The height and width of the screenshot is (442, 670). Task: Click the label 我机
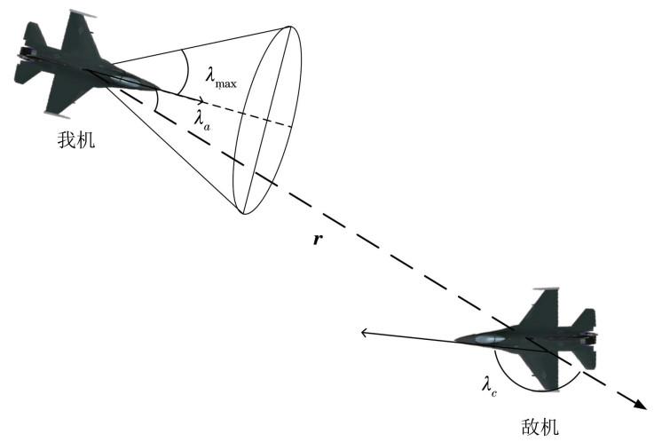[76, 139]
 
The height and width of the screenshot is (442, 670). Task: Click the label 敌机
[540, 427]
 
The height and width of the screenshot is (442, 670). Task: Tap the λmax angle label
[220, 80]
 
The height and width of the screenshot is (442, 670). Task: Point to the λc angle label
[489, 386]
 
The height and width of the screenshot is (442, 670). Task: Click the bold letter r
[317, 240]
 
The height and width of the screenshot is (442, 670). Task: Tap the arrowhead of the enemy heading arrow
[365, 332]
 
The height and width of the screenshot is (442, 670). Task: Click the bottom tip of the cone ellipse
[244, 214]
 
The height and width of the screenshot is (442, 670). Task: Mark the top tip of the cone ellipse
[290, 27]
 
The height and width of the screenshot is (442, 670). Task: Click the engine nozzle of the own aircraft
[22, 54]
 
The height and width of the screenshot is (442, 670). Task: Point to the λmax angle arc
[185, 71]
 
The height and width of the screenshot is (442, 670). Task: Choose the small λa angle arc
[157, 101]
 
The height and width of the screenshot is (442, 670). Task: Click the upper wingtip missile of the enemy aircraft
[546, 289]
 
